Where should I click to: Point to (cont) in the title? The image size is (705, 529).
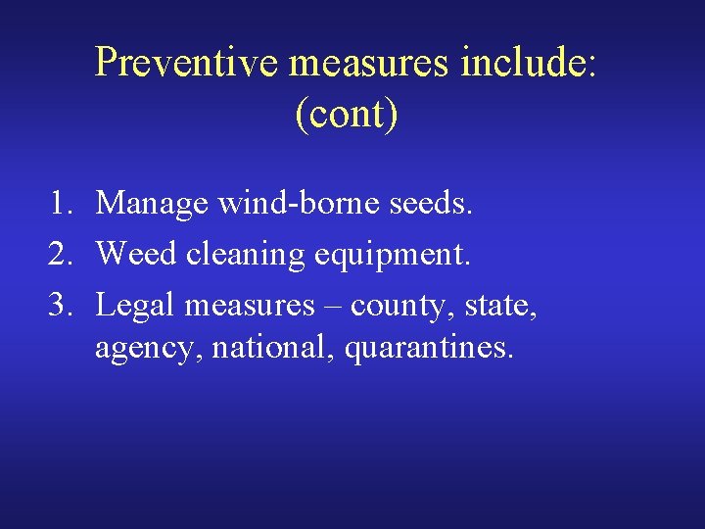pyautogui.click(x=346, y=114)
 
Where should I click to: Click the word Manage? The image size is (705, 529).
pyautogui.click(x=152, y=204)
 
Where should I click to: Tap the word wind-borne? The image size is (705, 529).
pyautogui.click(x=301, y=204)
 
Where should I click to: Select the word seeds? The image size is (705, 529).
pyautogui.click(x=433, y=204)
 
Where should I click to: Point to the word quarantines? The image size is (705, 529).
pyautogui.click(x=427, y=349)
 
